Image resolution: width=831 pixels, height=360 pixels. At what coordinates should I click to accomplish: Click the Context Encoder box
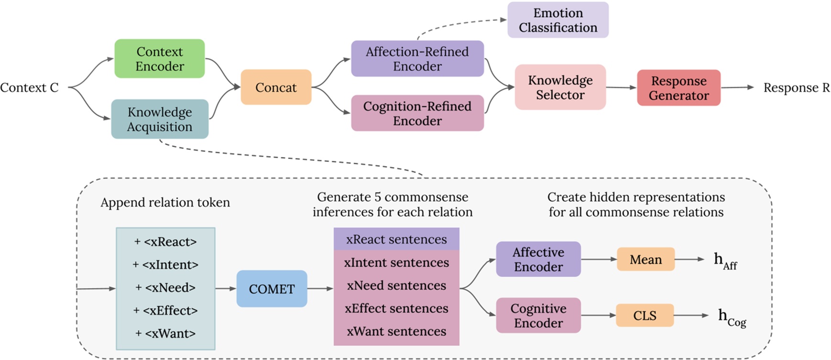point(160,59)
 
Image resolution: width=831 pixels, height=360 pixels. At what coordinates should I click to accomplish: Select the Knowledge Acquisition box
point(160,119)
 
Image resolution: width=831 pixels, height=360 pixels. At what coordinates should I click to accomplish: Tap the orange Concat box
point(276,87)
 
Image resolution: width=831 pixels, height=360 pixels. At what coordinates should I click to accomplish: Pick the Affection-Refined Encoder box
point(417,59)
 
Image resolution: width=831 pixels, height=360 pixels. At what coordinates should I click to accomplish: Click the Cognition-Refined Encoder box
point(417,113)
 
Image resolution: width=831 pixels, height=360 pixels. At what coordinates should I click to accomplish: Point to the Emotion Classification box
point(558,20)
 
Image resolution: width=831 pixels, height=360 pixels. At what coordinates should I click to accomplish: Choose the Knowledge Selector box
point(560,87)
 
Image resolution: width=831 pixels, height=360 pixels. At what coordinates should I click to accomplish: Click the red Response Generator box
point(678,88)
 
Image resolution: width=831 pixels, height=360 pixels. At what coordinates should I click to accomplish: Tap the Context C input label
point(29,88)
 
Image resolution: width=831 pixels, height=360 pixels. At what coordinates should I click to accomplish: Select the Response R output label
point(796,88)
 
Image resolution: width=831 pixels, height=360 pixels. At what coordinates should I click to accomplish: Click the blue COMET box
point(272,289)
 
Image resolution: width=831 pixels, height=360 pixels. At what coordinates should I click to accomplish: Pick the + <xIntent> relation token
point(165,264)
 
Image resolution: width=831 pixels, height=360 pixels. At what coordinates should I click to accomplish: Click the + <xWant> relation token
point(165,333)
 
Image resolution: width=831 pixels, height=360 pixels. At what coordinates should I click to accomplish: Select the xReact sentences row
point(396,239)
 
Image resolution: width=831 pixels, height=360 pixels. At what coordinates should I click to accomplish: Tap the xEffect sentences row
point(396,308)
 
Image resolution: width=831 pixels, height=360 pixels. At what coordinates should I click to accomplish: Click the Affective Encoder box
point(538,259)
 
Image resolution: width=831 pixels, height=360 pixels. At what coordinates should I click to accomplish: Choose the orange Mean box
point(645,259)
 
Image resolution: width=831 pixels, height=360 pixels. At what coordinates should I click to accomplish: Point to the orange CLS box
point(645,316)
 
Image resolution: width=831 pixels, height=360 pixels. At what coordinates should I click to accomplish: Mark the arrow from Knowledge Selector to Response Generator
point(621,87)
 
